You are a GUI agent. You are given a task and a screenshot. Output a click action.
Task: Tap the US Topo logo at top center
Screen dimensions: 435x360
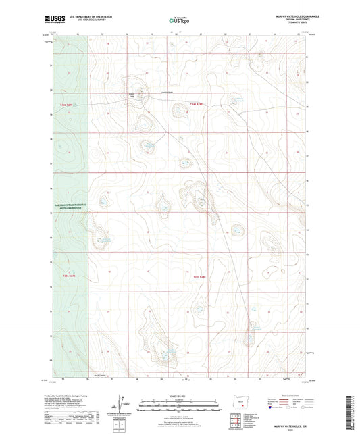pyautogui.click(x=179, y=20)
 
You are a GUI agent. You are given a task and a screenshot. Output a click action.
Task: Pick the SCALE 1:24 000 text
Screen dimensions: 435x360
pyautogui.click(x=180, y=395)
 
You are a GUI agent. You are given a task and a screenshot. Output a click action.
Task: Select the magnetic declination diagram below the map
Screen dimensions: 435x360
pyautogui.click(x=124, y=405)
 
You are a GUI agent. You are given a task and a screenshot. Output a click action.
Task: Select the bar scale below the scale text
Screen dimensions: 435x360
pyautogui.click(x=180, y=407)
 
